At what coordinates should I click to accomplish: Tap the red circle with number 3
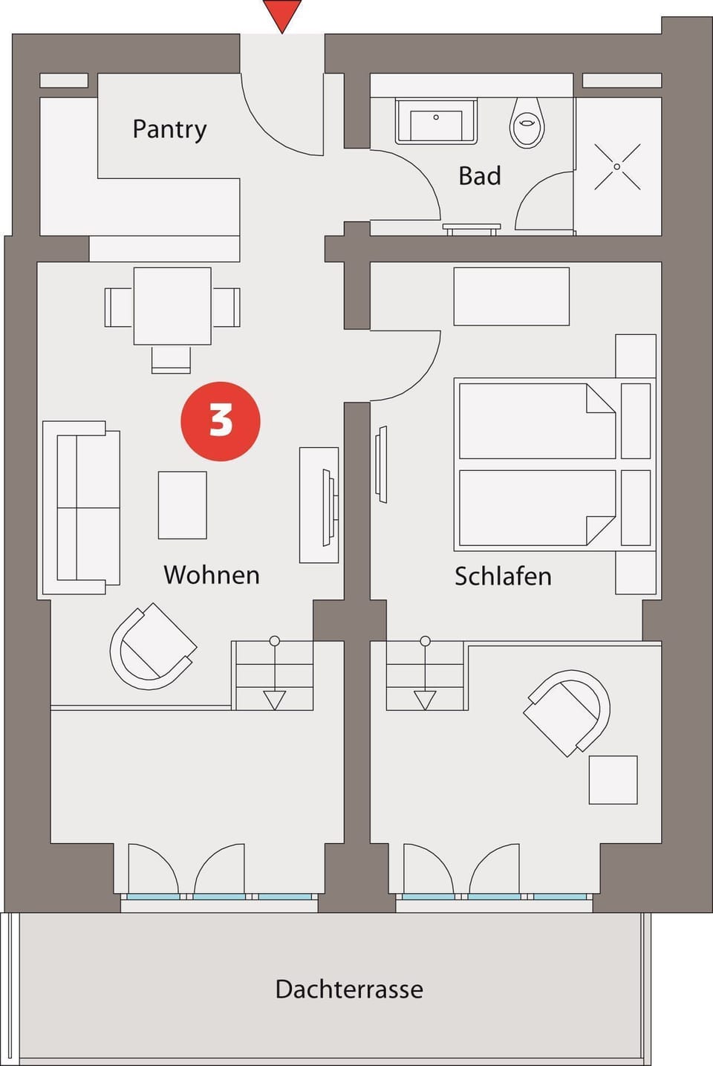221,421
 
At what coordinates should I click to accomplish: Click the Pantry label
169,129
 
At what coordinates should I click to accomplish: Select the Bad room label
480,176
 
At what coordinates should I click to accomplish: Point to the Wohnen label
212,575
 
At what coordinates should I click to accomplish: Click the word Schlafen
503,576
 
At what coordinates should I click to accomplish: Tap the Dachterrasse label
349,989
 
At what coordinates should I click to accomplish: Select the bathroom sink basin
436,121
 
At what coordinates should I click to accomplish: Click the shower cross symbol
617,167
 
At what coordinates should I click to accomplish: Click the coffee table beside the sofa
182,505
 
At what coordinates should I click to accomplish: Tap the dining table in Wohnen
172,306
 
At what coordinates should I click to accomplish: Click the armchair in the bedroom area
568,712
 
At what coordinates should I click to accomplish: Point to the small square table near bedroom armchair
613,780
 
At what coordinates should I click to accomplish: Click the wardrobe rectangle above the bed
511,296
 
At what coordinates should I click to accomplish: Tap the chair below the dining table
171,360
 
